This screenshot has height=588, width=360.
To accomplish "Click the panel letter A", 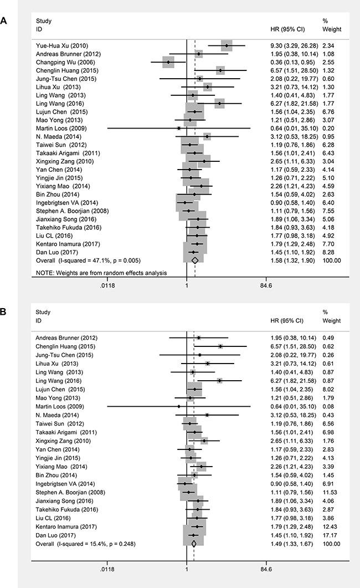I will (x=4, y=22).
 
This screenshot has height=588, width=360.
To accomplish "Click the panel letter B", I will (x=4, y=311).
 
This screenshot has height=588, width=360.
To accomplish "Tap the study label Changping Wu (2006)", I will (x=62, y=62).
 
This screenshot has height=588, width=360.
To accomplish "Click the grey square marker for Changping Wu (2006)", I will (x=169, y=62).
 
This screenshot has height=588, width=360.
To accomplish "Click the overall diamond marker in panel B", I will (x=193, y=544).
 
